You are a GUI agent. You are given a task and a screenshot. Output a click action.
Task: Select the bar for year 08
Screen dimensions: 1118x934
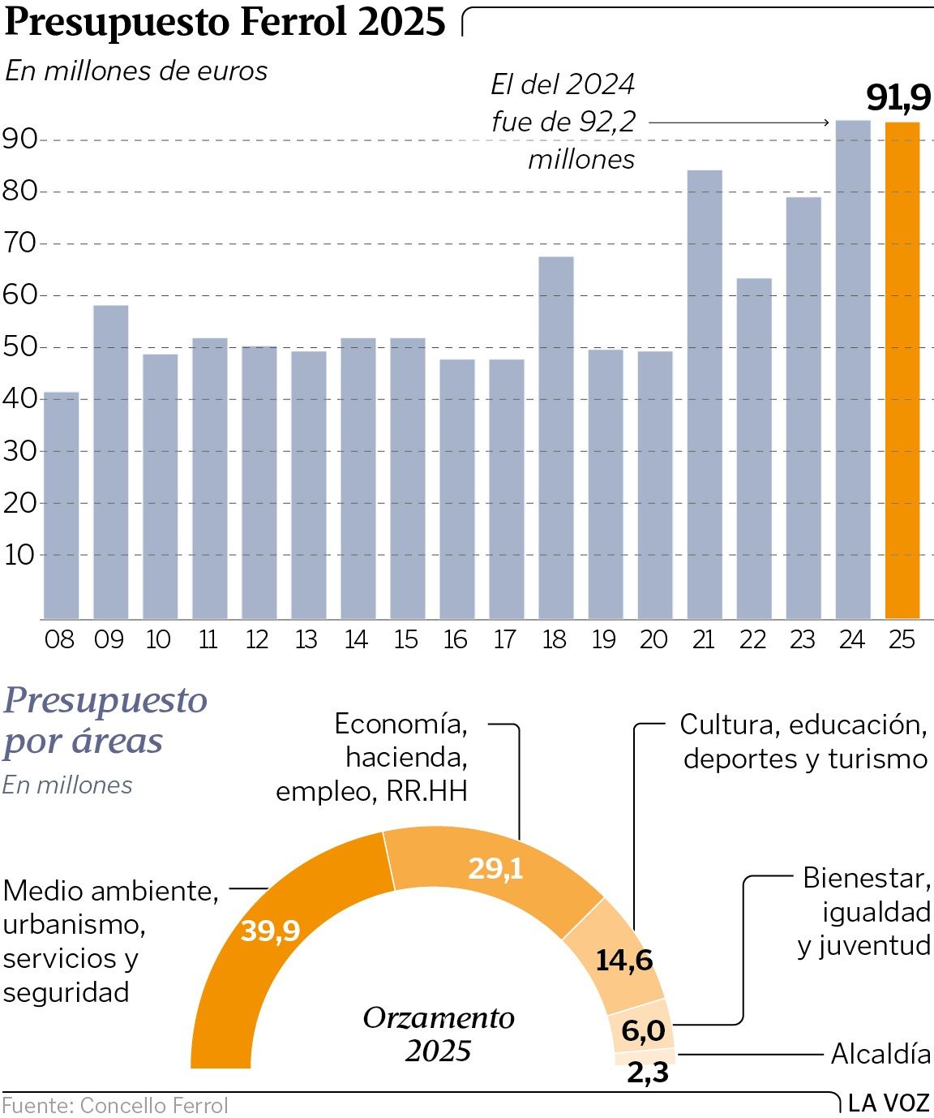61,505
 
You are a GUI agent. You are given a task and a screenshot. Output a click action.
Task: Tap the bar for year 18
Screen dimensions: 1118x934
556,438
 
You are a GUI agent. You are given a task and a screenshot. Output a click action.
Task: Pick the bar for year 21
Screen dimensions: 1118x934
705,395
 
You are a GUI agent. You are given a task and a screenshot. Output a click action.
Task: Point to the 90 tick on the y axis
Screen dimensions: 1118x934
20,140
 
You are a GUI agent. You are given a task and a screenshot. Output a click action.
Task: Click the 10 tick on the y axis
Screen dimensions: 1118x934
20,555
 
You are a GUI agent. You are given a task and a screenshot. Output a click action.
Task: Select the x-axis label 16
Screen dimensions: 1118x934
456,640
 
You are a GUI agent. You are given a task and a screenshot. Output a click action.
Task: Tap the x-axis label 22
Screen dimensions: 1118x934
752,640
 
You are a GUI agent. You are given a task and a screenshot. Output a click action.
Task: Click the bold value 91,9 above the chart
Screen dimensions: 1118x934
898,98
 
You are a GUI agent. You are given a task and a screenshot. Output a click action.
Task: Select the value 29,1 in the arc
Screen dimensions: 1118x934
495,869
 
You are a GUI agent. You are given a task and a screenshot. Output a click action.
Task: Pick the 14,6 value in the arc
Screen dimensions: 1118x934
623,961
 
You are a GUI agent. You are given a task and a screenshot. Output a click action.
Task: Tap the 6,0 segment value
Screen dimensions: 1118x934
643,1031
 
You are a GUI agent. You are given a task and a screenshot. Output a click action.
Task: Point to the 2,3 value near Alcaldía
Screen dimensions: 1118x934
648,1073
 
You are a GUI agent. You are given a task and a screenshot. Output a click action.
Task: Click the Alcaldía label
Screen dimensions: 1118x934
880,1054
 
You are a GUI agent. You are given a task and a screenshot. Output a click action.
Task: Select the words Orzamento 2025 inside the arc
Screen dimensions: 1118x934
439,1034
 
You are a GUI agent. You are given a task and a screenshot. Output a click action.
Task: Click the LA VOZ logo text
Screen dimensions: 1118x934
889,1103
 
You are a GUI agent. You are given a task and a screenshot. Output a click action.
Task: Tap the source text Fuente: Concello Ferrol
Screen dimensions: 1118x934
115,1106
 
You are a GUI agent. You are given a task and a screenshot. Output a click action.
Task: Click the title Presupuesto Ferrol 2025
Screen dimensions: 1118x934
225,22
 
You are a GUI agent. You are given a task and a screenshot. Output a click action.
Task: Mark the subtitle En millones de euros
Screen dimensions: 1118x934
136,71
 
